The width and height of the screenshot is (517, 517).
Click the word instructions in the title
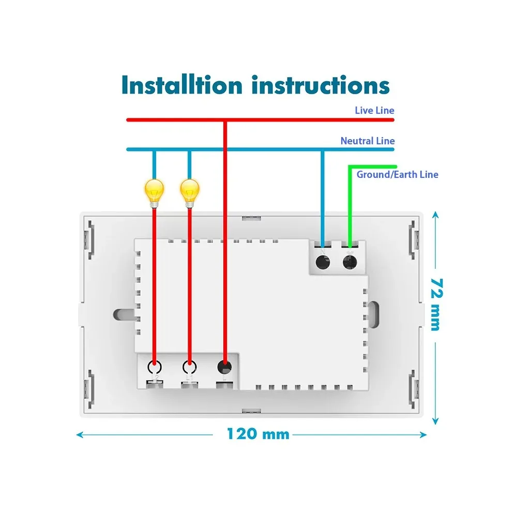(x=321, y=85)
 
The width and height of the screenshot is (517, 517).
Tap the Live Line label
(x=374, y=110)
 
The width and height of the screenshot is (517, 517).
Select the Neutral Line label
(x=367, y=141)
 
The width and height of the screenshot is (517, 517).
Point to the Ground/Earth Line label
(x=397, y=174)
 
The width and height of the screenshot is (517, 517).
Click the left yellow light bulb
(x=154, y=191)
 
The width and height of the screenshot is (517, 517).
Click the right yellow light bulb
(x=189, y=191)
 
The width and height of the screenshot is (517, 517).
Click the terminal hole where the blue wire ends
(x=323, y=262)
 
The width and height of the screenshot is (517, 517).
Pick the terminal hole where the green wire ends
(x=350, y=262)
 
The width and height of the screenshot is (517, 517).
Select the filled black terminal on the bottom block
(x=224, y=368)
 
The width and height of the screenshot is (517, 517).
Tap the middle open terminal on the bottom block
(x=189, y=368)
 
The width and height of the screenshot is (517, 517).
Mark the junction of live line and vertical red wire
(x=224, y=120)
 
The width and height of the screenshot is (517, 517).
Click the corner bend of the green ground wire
(x=350, y=166)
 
